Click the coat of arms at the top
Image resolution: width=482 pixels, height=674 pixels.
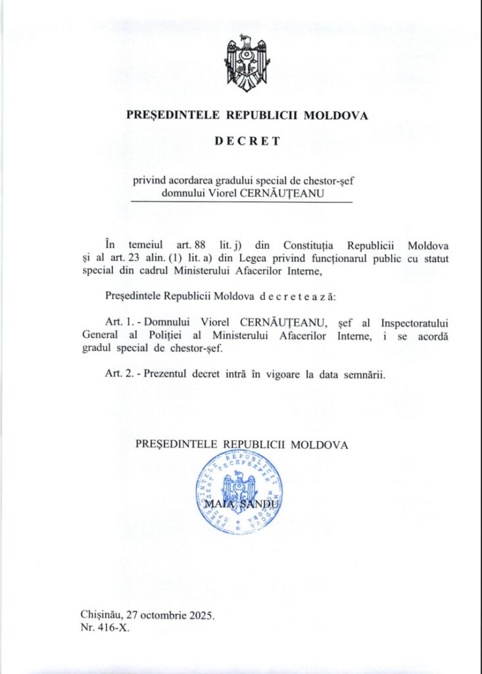247,65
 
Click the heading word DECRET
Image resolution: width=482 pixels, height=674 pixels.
247,140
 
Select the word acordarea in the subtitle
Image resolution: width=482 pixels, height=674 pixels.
189,180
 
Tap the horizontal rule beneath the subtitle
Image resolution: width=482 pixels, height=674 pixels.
241,202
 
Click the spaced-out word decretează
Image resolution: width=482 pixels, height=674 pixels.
298,296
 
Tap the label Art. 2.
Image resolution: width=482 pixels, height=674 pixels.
119,375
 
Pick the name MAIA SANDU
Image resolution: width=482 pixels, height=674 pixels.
241,504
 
